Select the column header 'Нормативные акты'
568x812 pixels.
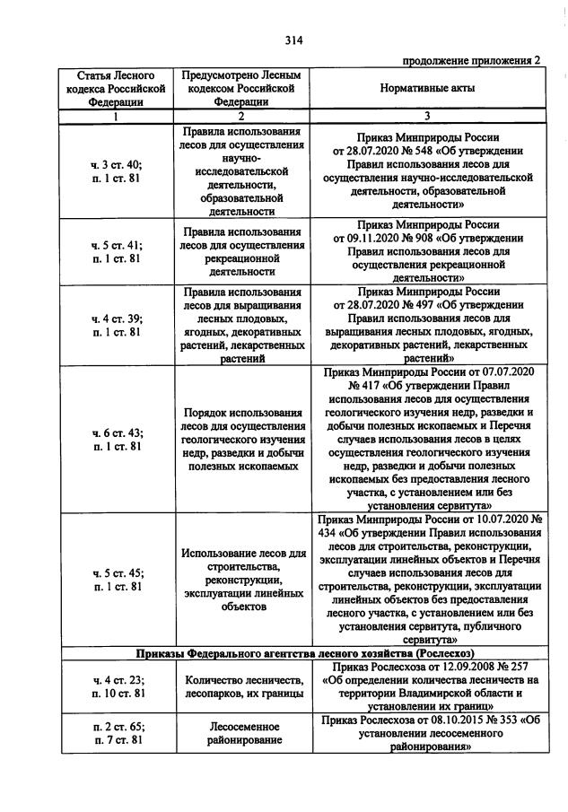point(426,89)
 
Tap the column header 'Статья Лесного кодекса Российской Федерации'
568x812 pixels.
point(117,89)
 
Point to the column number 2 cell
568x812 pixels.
point(240,116)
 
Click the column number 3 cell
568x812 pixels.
point(426,116)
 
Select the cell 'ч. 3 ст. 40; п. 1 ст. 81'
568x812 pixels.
point(117,170)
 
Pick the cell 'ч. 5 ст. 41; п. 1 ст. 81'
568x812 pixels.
point(117,251)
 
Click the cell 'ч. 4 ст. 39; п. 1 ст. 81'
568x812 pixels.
point(117,325)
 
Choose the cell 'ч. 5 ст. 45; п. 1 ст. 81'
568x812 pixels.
point(117,579)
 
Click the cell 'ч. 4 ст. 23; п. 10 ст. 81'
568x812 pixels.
point(117,687)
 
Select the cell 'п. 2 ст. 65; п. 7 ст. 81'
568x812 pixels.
point(117,732)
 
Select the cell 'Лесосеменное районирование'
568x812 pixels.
point(240,732)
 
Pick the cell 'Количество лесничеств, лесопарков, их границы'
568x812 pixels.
point(240,687)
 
